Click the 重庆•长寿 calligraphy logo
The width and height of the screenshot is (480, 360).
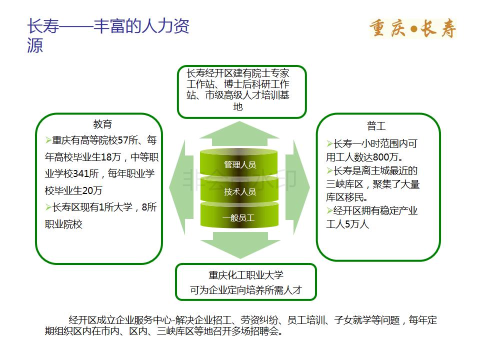point(412,28)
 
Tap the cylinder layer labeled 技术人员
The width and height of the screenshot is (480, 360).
point(239,190)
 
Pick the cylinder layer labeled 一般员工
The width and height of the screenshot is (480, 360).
point(239,216)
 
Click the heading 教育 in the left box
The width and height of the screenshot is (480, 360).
point(102,124)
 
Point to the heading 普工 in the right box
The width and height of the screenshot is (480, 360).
point(376,126)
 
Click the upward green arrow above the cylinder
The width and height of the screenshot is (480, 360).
point(239,133)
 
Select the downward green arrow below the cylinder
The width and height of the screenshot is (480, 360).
point(240,245)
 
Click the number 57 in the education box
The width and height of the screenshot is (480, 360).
point(123,140)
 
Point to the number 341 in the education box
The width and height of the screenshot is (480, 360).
point(81,173)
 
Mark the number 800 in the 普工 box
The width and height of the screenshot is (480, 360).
point(381,157)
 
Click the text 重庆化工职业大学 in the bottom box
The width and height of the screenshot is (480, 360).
point(246,275)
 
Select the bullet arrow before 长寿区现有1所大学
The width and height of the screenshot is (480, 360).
point(48,207)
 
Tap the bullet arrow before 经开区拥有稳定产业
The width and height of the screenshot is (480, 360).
point(329,210)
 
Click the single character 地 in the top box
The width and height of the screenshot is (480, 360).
point(238,106)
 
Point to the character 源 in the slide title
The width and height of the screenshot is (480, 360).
point(35,45)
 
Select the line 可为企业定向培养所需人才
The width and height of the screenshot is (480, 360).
point(246,289)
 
